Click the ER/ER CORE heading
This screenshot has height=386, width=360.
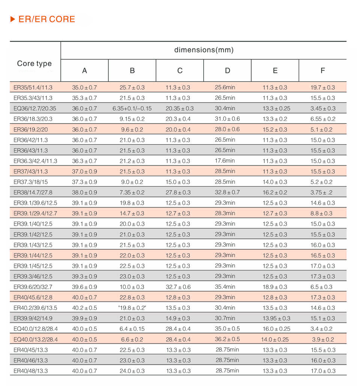tap(46, 19)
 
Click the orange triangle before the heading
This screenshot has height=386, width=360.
tap(12, 19)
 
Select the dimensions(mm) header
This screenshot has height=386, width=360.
tap(204, 50)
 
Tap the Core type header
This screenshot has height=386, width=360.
tap(34, 63)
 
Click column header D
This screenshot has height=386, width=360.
tap(228, 71)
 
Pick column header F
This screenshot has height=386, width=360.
tap(322, 71)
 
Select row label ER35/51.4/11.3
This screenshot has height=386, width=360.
tap(33, 87)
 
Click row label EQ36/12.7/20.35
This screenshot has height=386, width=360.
tap(34, 109)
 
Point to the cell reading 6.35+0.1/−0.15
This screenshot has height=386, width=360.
tap(132, 109)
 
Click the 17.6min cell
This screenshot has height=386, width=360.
tap(225, 161)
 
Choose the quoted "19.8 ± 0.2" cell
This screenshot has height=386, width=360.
tap(132, 308)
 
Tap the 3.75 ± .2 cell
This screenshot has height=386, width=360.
tap(322, 192)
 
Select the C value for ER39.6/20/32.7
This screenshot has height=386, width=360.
tap(180, 287)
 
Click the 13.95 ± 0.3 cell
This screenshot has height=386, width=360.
tap(275, 318)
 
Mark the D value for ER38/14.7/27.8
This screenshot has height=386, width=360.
tap(227, 192)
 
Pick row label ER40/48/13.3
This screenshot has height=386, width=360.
tap(31, 371)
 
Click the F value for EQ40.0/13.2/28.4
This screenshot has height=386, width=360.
tap(322, 339)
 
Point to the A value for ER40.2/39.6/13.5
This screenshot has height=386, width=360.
tap(84, 308)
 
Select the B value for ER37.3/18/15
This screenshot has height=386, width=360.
tap(132, 182)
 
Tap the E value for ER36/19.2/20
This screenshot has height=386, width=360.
tap(275, 130)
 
